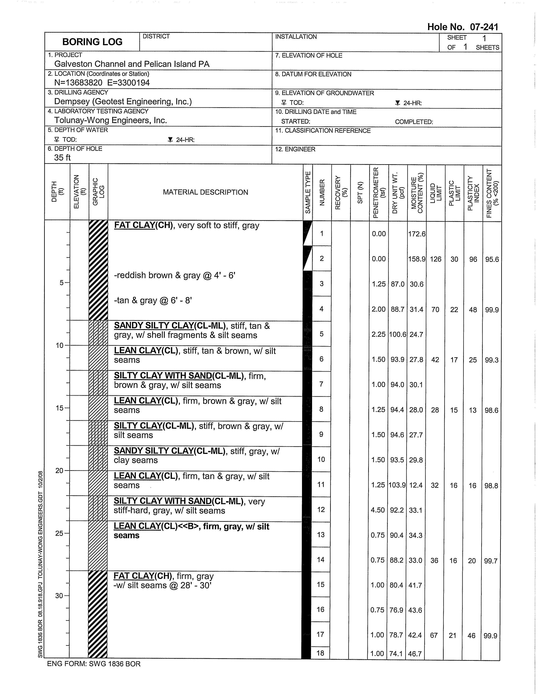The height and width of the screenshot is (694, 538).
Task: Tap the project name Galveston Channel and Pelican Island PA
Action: pyautogui.click(x=132, y=64)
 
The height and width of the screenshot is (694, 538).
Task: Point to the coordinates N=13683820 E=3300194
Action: pyautogui.click(x=102, y=83)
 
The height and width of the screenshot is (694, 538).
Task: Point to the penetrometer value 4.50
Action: pyautogui.click(x=378, y=510)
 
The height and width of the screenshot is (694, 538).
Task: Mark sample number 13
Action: pyautogui.click(x=321, y=535)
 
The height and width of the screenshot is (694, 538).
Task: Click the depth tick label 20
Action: pyautogui.click(x=59, y=471)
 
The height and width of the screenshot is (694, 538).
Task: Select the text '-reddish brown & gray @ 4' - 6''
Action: pyautogui.click(x=174, y=275)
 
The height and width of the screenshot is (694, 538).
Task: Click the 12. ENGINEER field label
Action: pyautogui.click(x=295, y=149)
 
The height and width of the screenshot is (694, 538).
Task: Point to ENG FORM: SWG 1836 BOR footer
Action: pyautogui.click(x=94, y=664)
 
